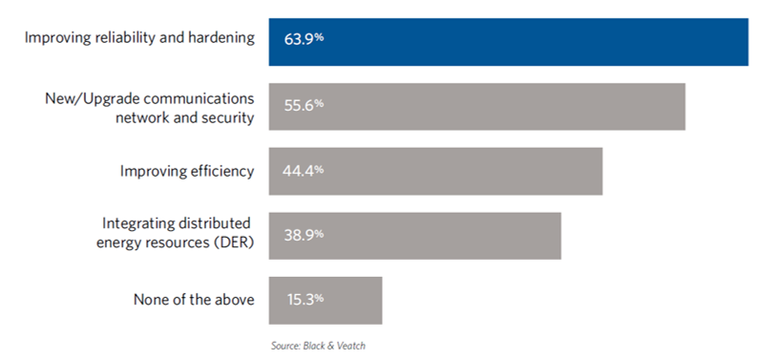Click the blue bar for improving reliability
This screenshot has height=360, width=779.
(x=508, y=42)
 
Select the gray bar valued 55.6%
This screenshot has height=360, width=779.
(x=477, y=107)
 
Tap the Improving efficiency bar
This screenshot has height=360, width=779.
(x=435, y=172)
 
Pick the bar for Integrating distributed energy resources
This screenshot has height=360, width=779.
(x=415, y=236)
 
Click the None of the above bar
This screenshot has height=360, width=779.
(x=326, y=301)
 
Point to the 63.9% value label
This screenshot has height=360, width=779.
(x=304, y=39)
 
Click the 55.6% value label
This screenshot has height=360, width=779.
(x=304, y=105)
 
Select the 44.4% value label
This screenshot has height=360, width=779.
(x=303, y=171)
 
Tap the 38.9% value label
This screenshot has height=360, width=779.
(x=304, y=235)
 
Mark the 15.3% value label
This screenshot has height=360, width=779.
(x=305, y=299)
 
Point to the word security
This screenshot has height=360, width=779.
(x=228, y=118)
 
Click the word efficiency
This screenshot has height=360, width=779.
(x=222, y=172)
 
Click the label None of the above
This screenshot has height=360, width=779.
(x=194, y=300)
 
